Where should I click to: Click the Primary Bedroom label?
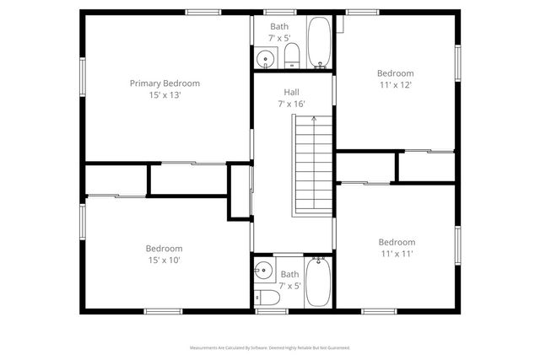(x=165, y=83)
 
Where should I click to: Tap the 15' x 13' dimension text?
(x=165, y=95)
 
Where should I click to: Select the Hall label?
(x=291, y=92)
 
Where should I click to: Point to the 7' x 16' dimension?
(x=291, y=104)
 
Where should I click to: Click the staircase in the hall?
(x=312, y=164)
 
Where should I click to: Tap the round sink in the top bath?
(x=265, y=59)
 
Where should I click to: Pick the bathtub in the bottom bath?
(x=318, y=282)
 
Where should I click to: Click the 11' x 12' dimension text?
(x=395, y=85)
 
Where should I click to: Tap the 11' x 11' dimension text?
(x=397, y=254)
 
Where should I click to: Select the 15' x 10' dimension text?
(x=164, y=261)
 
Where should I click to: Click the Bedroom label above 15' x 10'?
(x=164, y=249)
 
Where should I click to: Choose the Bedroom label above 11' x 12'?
(x=395, y=73)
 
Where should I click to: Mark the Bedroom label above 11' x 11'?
(x=397, y=242)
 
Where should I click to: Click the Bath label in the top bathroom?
(x=278, y=26)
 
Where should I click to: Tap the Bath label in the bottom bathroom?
(x=289, y=274)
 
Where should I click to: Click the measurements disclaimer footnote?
(x=269, y=347)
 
